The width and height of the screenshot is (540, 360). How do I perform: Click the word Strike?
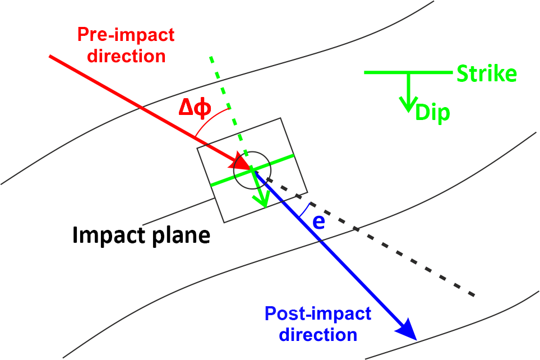coord(487,74)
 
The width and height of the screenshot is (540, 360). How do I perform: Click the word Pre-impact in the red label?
coord(126,35)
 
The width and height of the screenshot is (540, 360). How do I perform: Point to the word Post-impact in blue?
coord(318,313)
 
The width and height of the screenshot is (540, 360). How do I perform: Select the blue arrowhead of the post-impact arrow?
coord(408,330)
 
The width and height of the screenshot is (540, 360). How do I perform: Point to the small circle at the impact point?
coord(253,169)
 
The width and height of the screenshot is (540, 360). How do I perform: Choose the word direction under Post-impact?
coord(318,335)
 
